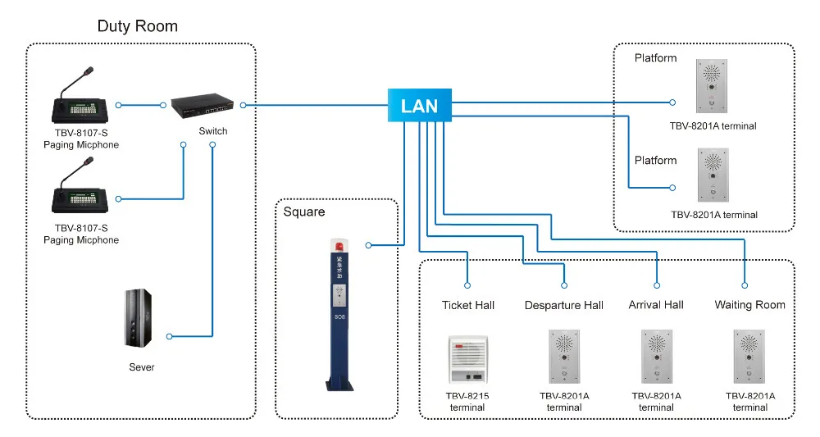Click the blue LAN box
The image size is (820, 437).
pos(419,105)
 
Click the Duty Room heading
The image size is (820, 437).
pos(137,26)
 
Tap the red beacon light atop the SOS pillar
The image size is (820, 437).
pos(338,245)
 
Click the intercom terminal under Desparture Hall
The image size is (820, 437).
pos(564,357)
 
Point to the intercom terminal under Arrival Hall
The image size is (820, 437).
pos(657,357)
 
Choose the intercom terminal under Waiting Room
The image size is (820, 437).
pos(749,357)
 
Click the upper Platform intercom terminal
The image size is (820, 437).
pos(711,86)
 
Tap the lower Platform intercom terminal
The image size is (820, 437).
pos(713,175)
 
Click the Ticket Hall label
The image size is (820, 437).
pos(468,305)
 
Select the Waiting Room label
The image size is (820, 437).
pos(749,305)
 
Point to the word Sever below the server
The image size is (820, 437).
pos(141,367)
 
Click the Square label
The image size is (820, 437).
pos(304,212)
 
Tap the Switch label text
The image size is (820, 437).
pos(213,132)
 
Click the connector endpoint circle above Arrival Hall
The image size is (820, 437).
pos(657,285)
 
